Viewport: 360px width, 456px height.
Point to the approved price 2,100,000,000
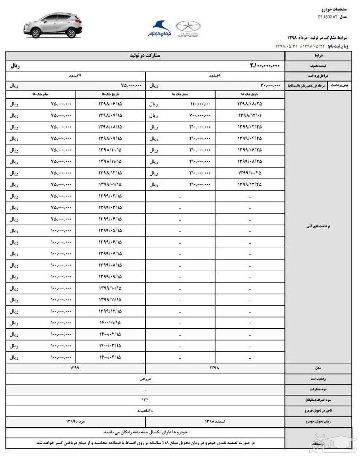point(265,66)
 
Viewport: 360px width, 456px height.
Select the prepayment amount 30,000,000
point(270,85)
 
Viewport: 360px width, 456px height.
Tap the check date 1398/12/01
point(250,115)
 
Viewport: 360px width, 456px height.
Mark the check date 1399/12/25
point(250,184)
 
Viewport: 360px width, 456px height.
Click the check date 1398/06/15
point(110,104)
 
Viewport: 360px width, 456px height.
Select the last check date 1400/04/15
point(110,357)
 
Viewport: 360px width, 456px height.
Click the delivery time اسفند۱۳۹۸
point(215,421)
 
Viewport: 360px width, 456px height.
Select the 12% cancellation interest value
point(145,400)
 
